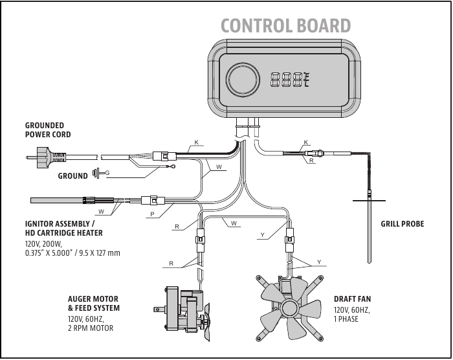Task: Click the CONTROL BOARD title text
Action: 285,25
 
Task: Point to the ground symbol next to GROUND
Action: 97,174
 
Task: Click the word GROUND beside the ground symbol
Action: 72,176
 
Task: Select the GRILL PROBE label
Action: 403,224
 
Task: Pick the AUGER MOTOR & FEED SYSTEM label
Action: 94,304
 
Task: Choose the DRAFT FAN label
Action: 352,299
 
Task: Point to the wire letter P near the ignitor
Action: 152,214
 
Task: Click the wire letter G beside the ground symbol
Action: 107,173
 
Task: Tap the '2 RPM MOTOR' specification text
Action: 91,328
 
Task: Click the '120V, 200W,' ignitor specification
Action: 42,244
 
